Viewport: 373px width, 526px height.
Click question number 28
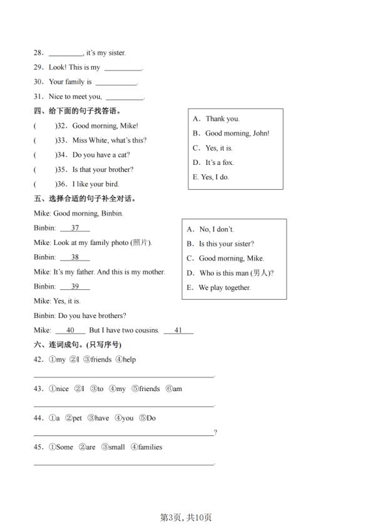[38, 53]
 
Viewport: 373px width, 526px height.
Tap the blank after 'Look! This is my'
[123, 68]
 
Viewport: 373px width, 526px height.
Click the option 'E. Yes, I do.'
[211, 177]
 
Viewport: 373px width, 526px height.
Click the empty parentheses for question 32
[44, 126]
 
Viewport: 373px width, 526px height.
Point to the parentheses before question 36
[44, 184]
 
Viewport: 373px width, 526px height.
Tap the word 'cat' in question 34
[124, 155]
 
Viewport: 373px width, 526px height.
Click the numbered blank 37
[75, 228]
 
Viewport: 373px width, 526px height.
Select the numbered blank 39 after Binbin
[75, 287]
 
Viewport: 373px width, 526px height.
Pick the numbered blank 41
[178, 330]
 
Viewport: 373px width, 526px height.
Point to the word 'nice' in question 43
[61, 389]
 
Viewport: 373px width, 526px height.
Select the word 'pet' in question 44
[77, 419]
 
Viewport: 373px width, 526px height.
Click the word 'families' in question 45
[150, 447]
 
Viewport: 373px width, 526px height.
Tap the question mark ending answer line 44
[215, 433]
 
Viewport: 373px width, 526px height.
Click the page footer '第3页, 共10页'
[186, 517]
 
